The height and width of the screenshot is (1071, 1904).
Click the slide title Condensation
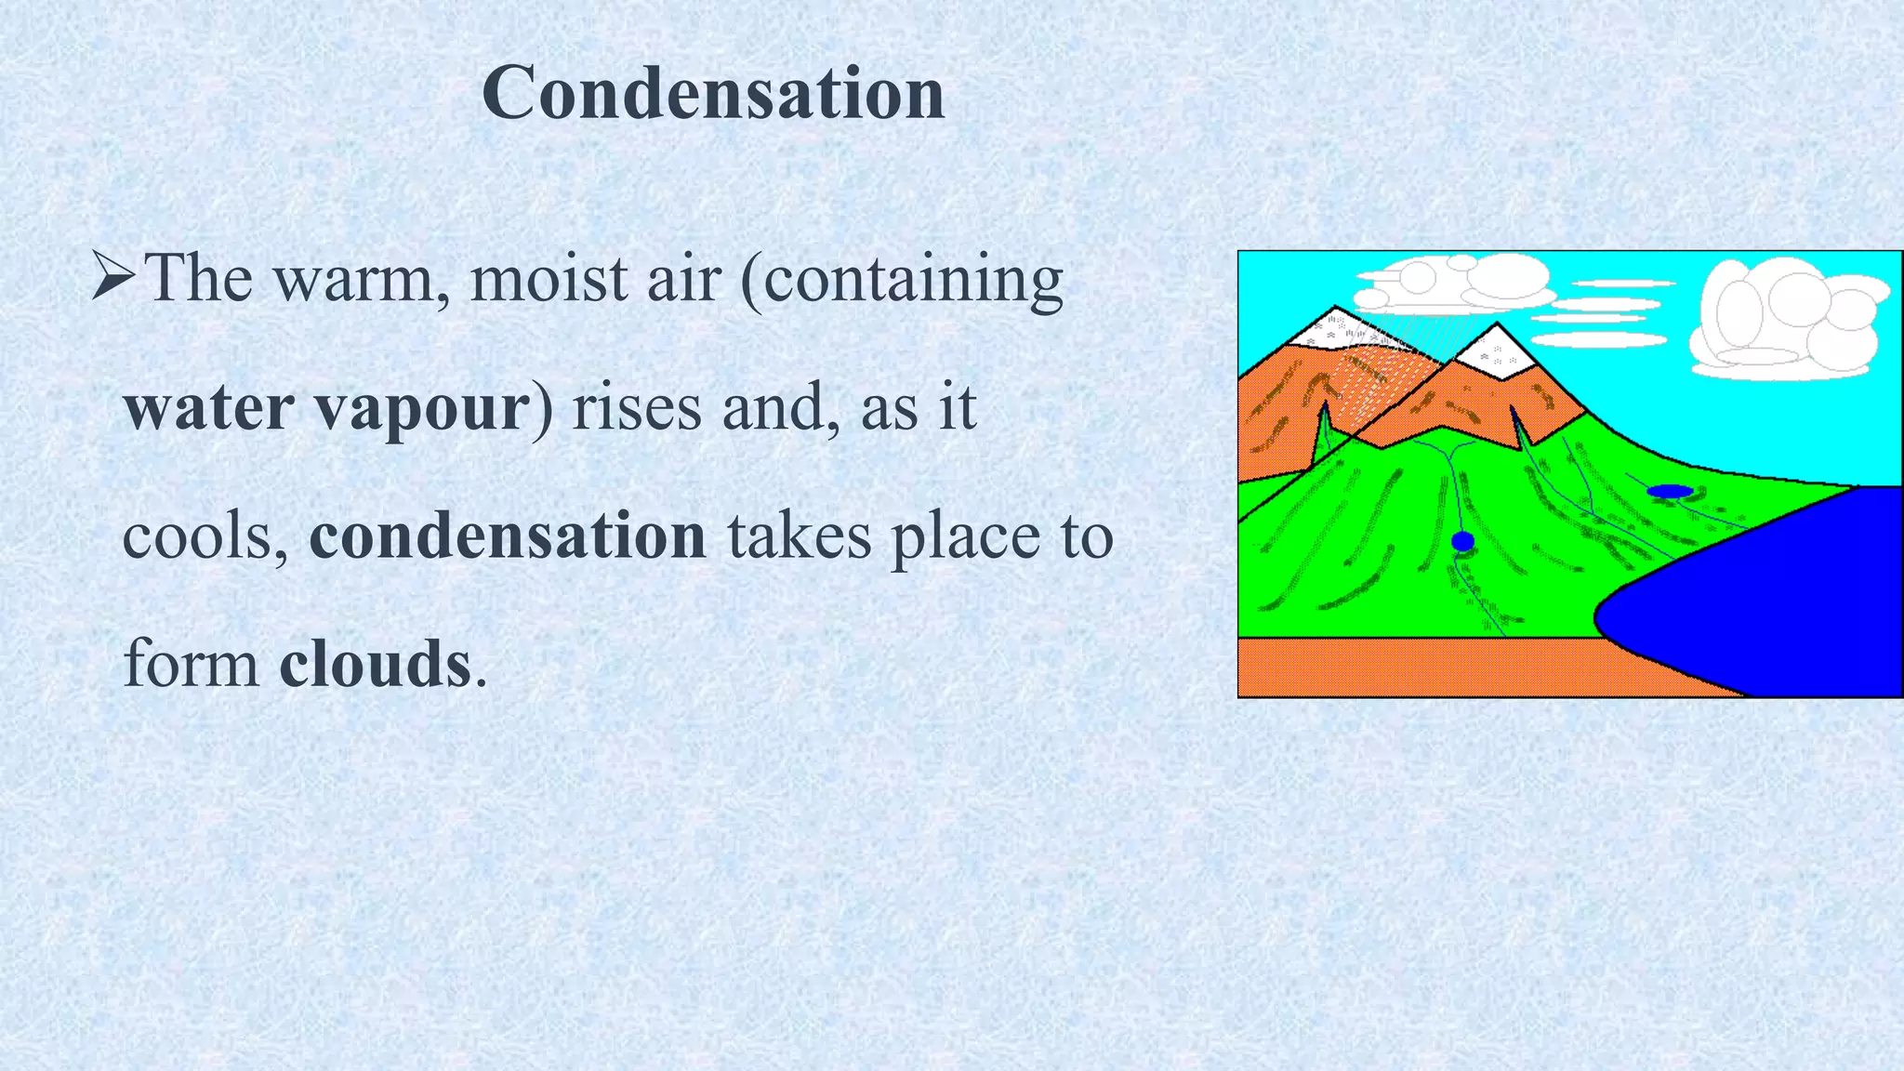(713, 94)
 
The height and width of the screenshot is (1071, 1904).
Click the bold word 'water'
(209, 407)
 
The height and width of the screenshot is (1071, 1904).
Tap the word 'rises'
(636, 407)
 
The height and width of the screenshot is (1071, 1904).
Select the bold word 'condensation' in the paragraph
(508, 536)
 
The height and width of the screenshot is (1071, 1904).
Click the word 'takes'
(799, 536)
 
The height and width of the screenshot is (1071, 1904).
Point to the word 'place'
(965, 536)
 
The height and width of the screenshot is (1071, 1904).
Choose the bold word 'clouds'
(375, 665)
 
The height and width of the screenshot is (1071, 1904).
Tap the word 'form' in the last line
(191, 665)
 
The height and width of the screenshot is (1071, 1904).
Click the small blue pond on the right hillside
(1669, 490)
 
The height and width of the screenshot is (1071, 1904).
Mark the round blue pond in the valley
(1462, 541)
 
